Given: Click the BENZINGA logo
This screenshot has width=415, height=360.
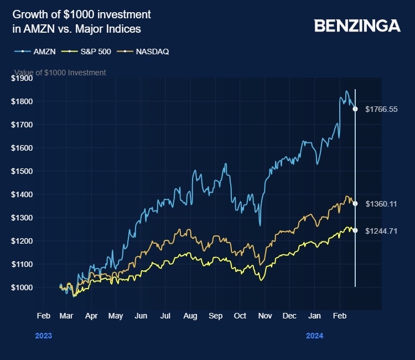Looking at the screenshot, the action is (x=357, y=25).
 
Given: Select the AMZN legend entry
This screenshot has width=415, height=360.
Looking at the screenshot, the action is (x=35, y=52).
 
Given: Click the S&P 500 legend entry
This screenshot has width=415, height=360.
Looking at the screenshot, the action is (x=86, y=52).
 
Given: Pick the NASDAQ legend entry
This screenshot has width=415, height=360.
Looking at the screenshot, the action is (x=143, y=52).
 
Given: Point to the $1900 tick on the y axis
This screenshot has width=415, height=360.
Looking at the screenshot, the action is (x=22, y=78).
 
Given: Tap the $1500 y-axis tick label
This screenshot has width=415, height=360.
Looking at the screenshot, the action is (x=22, y=171).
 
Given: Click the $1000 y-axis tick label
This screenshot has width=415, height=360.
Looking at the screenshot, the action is (x=22, y=287).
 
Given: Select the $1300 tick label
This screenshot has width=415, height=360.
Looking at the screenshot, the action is (x=22, y=218).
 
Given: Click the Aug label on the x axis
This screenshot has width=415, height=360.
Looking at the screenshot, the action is (x=190, y=316).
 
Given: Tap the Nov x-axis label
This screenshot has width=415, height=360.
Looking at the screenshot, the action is (x=265, y=316).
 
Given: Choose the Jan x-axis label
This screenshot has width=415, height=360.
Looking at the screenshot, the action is (x=314, y=316).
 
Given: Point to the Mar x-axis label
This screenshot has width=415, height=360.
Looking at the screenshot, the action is (x=66, y=316).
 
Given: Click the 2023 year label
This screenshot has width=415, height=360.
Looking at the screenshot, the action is (x=44, y=336).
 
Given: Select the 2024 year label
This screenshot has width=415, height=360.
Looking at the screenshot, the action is (x=315, y=336).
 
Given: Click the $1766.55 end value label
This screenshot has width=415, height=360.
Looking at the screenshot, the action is (x=381, y=109).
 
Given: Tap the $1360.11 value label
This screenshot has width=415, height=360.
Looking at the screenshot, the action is (x=381, y=204).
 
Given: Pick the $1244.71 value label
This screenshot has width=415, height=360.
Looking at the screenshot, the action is (x=381, y=231).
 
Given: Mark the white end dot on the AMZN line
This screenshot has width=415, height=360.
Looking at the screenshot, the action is (x=355, y=109).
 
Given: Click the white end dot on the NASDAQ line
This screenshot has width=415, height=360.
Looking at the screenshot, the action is (x=355, y=203).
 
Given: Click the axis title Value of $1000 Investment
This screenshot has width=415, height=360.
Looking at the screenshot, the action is (x=60, y=73).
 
